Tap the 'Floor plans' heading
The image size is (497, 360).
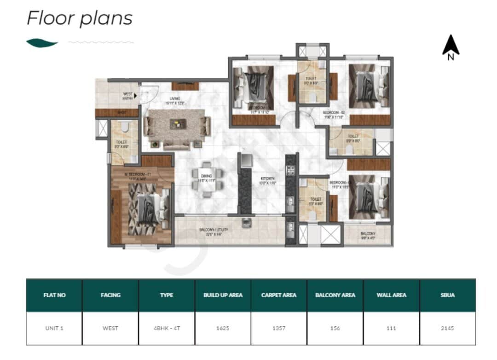(x=79, y=18)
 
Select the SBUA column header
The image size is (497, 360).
(x=447, y=295)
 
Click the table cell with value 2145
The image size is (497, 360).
(x=447, y=328)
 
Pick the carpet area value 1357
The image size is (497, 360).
(x=279, y=328)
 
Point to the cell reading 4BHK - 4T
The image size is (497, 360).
(x=167, y=328)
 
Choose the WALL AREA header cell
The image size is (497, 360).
(x=391, y=295)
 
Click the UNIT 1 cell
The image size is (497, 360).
(x=54, y=328)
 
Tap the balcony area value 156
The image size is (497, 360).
(x=335, y=328)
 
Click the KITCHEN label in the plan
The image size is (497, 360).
(x=267, y=178)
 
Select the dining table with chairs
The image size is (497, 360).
(x=207, y=179)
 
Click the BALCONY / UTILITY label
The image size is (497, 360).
(x=214, y=229)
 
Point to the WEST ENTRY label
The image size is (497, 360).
(x=128, y=96)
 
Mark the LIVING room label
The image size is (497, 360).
(x=174, y=98)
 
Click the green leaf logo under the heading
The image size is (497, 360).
(x=42, y=43)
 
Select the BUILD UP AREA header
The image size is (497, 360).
(x=223, y=295)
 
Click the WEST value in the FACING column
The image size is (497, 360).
(x=110, y=328)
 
